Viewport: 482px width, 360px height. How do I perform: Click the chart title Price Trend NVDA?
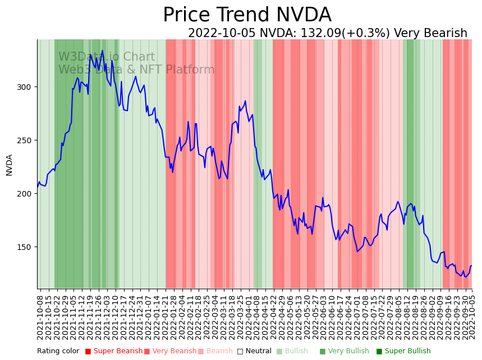pos(247,15)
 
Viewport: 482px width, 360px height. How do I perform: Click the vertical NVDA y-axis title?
pos(10,165)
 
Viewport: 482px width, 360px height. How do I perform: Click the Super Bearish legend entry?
pos(113,352)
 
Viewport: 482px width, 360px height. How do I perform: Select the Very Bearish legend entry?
pos(170,352)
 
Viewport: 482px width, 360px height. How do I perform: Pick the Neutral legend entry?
pos(254,352)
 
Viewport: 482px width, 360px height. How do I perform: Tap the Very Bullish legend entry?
pos(344,352)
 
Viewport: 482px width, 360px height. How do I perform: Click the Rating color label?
pos(58,352)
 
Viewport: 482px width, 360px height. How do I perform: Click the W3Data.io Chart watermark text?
pos(107,57)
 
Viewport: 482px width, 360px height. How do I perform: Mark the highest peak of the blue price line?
pos(102,51)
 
